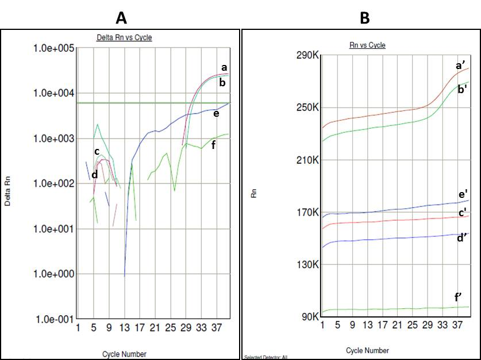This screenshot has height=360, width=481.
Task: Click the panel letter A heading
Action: coord(121,18)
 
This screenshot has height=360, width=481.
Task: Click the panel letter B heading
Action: coord(364,18)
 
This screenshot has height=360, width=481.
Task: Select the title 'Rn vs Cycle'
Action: coord(367,45)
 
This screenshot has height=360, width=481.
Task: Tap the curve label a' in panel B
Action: coord(460,66)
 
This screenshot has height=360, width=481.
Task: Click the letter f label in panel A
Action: coord(213,144)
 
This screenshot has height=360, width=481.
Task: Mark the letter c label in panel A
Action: coord(97,152)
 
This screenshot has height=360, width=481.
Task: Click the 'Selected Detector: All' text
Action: coord(265,358)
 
